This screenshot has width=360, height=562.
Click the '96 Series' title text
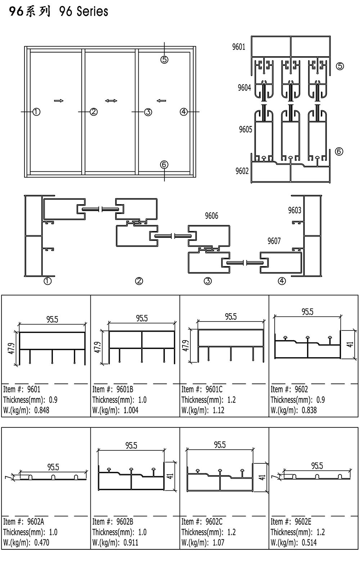pyautogui.click(x=84, y=12)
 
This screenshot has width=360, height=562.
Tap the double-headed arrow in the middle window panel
pyautogui.click(x=111, y=101)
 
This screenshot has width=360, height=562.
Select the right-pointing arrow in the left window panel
pyautogui.click(x=59, y=101)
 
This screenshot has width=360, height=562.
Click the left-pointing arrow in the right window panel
pyautogui.click(x=161, y=101)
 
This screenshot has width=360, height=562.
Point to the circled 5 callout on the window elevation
pyautogui.click(x=164, y=60)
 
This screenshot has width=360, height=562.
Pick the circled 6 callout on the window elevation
pyautogui.click(x=164, y=165)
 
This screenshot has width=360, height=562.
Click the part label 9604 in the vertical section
pyautogui.click(x=244, y=87)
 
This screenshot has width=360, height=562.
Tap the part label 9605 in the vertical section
pyautogui.click(x=246, y=129)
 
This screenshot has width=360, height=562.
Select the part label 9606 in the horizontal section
pyautogui.click(x=211, y=216)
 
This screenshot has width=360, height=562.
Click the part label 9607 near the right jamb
pyautogui.click(x=274, y=241)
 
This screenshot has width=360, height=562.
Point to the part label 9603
pyautogui.click(x=294, y=210)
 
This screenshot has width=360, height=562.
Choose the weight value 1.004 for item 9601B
pyautogui.click(x=131, y=410)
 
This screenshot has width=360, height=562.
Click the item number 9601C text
pyautogui.click(x=214, y=389)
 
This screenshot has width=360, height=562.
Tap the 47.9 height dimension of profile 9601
pyautogui.click(x=12, y=349)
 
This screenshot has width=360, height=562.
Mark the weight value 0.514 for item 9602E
pyautogui.click(x=309, y=543)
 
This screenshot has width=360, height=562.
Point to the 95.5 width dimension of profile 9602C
pyautogui.click(x=220, y=445)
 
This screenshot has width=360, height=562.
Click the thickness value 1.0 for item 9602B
pyautogui.click(x=143, y=532)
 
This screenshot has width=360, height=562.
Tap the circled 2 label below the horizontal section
pyautogui.click(x=139, y=281)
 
